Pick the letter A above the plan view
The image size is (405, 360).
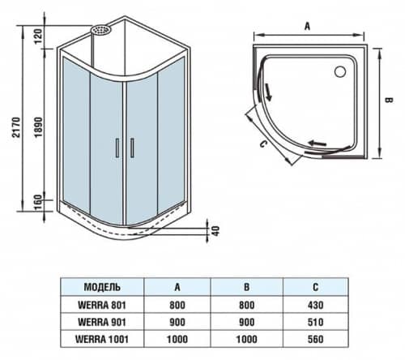[x=307, y=25]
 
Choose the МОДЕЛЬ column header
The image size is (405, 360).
[x=102, y=286]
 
